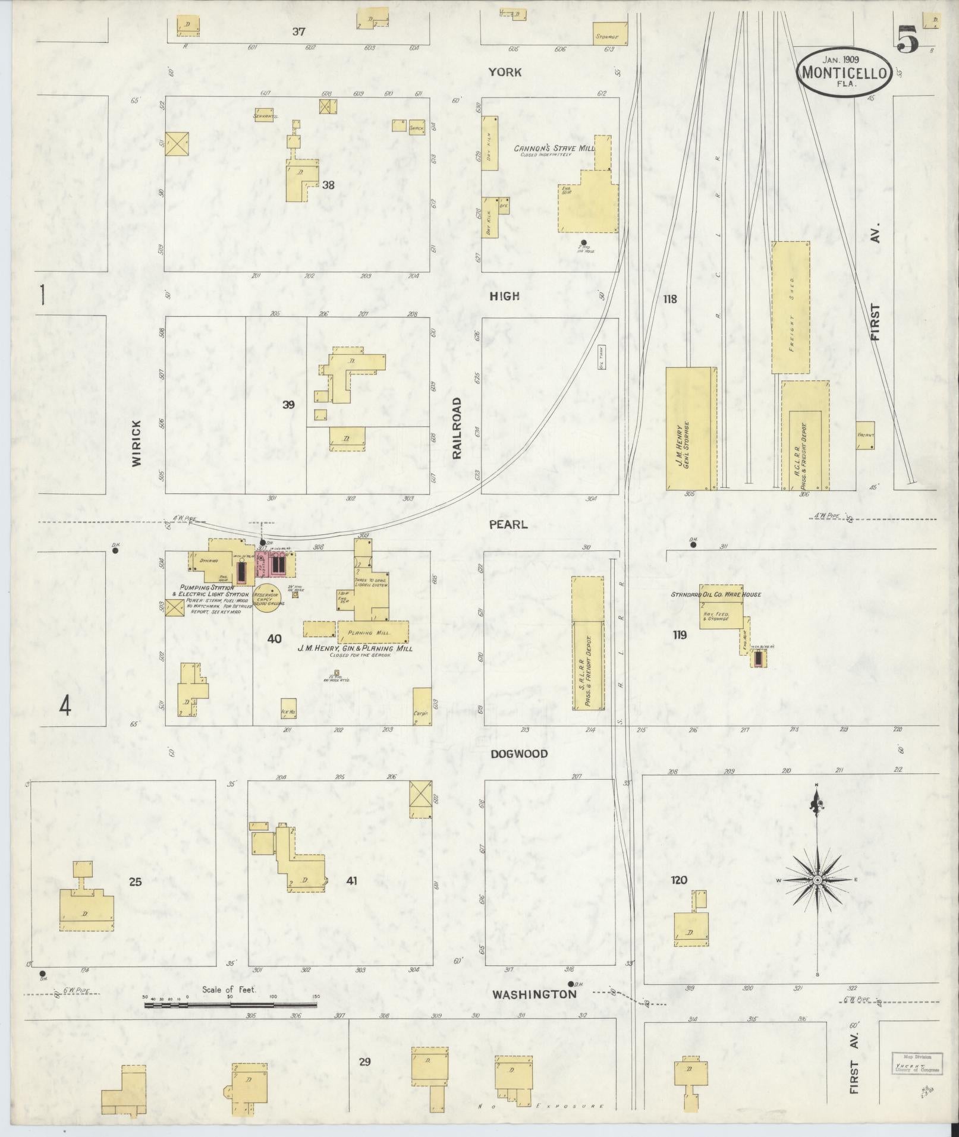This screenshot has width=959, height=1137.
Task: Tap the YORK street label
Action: (505, 72)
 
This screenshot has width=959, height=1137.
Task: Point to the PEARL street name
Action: (508, 525)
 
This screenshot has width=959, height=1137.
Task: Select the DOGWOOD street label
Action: (519, 754)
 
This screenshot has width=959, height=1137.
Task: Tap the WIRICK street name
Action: (137, 443)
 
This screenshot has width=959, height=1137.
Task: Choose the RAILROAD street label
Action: (457, 428)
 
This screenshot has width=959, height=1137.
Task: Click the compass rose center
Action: (817, 880)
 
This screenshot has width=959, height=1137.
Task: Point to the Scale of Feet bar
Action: (231, 1005)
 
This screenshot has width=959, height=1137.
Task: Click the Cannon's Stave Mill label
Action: (551, 147)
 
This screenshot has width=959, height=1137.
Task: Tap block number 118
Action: (670, 299)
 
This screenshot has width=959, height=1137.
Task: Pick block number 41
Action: (351, 881)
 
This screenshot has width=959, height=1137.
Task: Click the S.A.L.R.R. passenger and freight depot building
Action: (587, 643)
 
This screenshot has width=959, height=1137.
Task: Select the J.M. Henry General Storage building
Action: (691, 428)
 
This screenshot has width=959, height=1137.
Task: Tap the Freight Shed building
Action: (791, 307)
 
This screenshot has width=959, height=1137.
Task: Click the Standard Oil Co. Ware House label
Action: (716, 594)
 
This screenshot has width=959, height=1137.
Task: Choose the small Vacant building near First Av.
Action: (865, 435)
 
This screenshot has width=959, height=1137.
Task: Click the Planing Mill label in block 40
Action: (369, 633)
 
